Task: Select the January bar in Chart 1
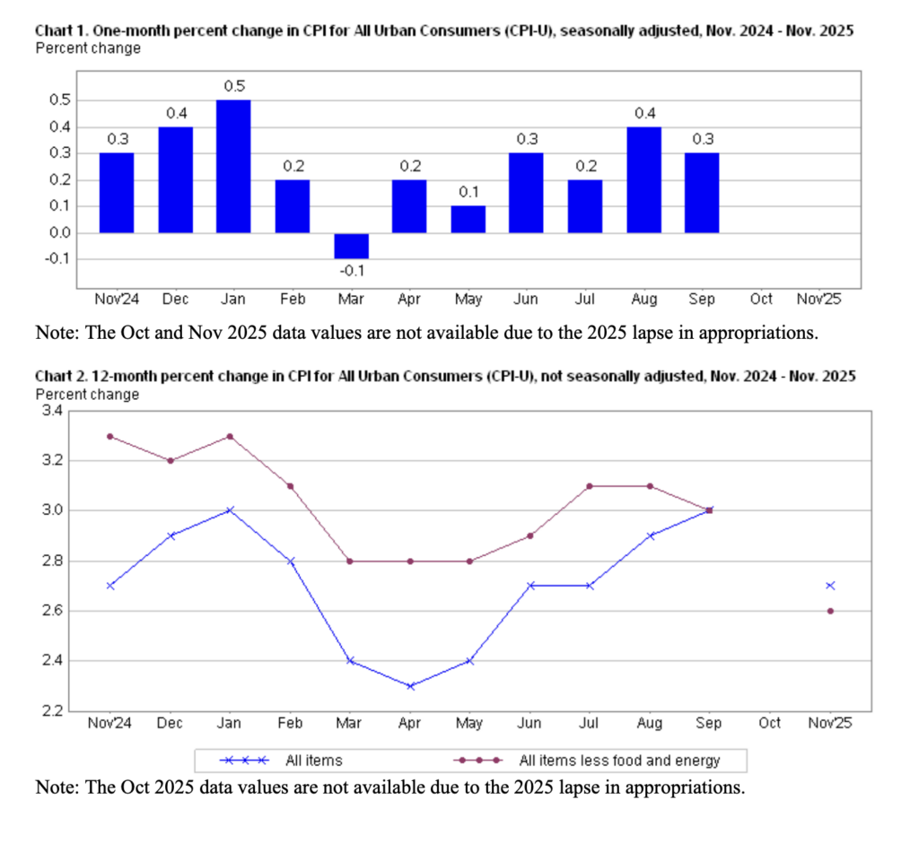233,166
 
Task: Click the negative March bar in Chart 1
351,246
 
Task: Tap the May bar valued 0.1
468,220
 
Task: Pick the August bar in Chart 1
643,179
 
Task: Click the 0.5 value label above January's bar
234,86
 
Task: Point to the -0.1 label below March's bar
350,270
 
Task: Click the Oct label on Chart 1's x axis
761,299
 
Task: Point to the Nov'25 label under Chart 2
830,723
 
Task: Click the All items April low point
409,686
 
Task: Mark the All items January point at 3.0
232,510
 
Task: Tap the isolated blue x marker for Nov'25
830,586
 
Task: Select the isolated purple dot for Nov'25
830,611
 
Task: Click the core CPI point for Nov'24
110,436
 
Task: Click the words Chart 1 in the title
62,30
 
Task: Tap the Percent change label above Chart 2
87,394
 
